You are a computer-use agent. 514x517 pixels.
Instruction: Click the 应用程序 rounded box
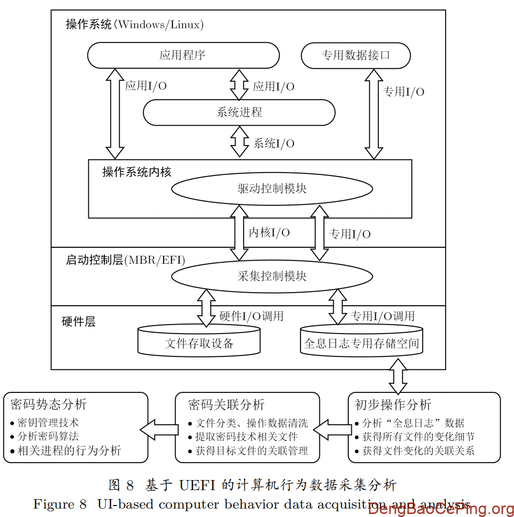183,55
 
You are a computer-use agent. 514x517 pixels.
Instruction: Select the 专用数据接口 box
355,55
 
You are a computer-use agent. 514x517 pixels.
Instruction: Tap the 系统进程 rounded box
239,112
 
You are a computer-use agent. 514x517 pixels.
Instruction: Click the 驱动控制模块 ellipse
272,188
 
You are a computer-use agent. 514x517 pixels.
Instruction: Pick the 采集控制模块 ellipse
272,276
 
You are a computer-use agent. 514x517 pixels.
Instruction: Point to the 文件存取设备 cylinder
199,343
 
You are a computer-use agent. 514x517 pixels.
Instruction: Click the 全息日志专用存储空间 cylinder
361,343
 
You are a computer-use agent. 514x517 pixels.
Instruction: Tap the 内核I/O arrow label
269,232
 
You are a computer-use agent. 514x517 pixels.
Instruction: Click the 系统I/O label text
273,144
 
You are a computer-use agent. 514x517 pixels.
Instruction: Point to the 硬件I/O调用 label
251,316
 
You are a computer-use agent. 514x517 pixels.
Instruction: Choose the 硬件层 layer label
78,322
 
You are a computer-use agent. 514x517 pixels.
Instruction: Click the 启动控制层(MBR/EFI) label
125,260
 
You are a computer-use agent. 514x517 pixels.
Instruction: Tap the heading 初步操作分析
393,404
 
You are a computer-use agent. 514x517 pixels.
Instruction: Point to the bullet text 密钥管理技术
48,423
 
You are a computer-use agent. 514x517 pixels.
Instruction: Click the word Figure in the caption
53,504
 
